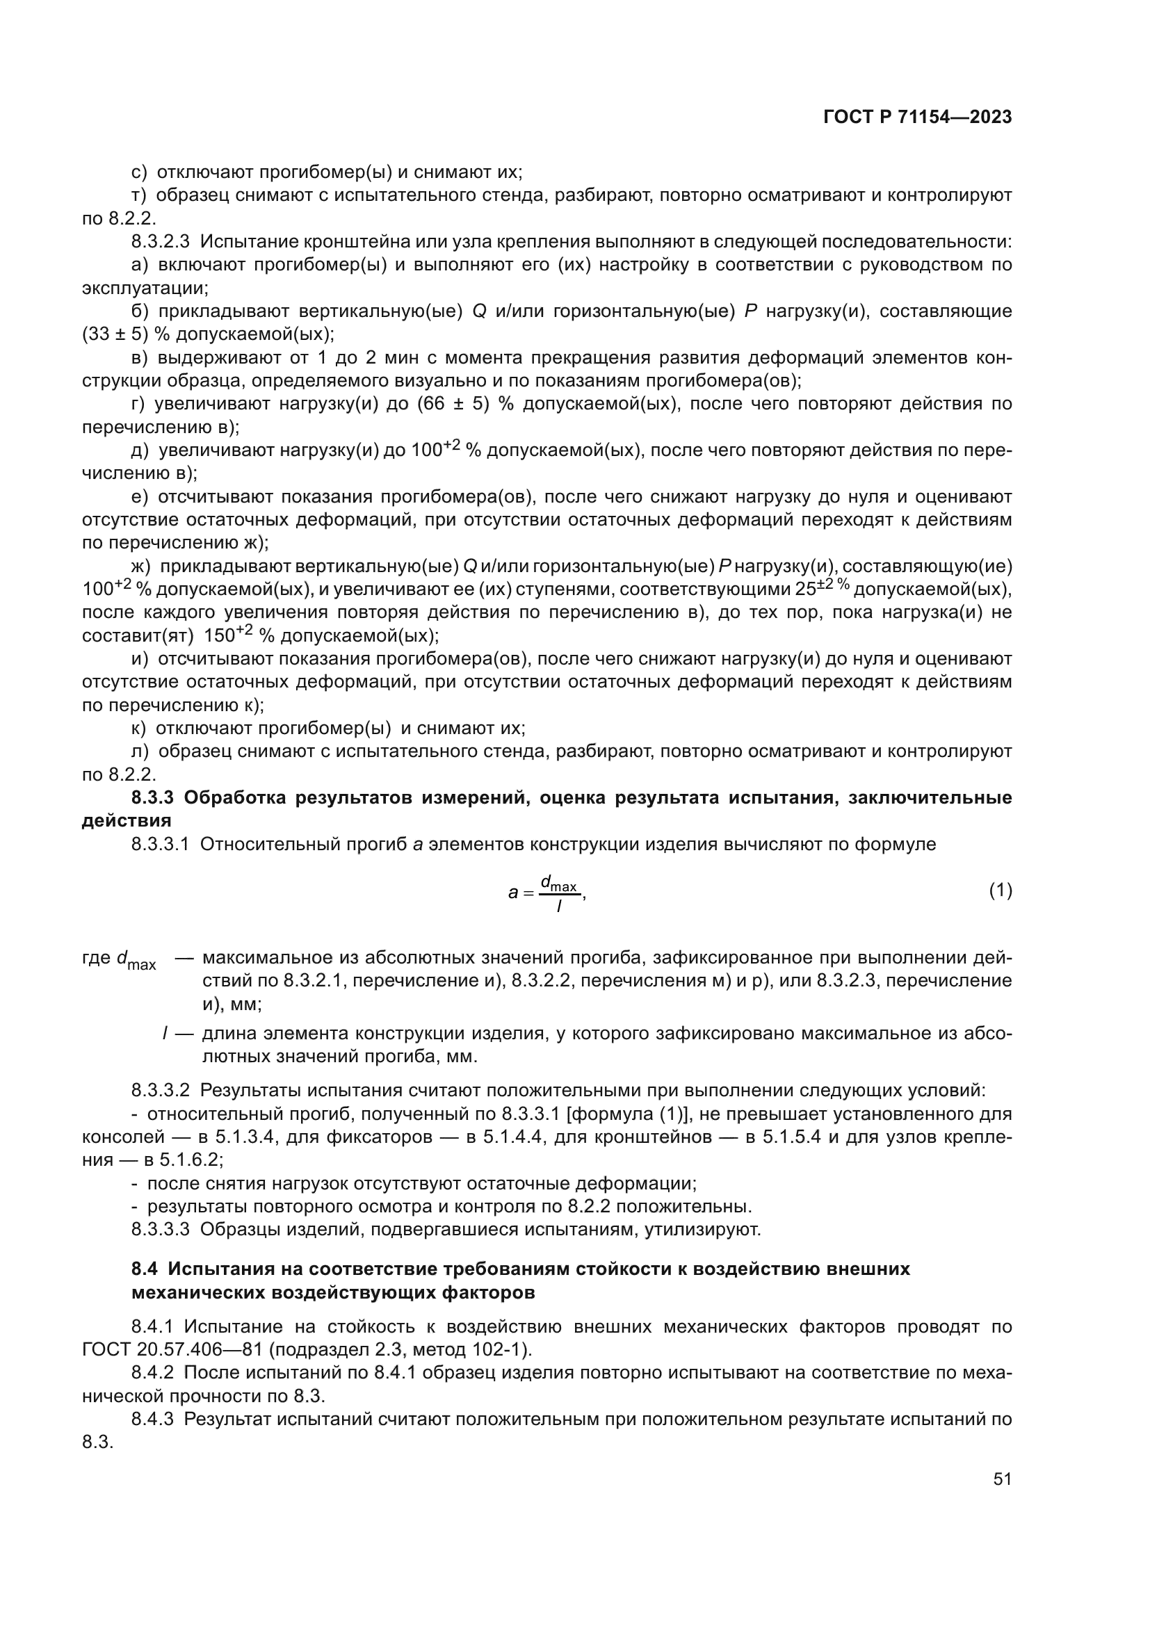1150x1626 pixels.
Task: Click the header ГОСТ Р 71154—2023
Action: click(917, 117)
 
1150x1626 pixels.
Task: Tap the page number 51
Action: click(1002, 1479)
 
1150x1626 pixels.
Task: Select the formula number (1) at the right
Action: click(1000, 891)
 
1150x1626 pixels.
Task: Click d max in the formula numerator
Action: click(559, 883)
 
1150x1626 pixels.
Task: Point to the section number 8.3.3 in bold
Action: click(152, 797)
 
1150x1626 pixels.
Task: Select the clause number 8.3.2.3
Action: click(160, 241)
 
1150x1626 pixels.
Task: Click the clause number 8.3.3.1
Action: click(160, 844)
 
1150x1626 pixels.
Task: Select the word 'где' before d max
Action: click(97, 958)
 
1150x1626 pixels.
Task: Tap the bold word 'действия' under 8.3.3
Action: click(127, 821)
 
